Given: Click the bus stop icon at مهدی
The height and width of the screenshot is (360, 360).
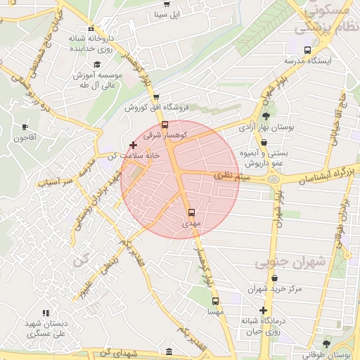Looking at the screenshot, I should pos(191,212).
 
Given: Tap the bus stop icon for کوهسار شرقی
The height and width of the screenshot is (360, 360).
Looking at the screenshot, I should pos(165,124).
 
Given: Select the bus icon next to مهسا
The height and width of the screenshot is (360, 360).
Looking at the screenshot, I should pos(215,301).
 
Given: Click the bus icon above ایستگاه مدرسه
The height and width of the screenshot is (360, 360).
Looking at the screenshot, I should pos(307,50).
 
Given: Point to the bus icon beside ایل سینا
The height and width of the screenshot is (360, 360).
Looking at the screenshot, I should pos(165,3).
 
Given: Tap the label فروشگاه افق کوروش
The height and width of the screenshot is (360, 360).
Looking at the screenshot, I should pos(155,108).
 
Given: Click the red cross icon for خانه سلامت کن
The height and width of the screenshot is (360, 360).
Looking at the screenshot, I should pos(133,145).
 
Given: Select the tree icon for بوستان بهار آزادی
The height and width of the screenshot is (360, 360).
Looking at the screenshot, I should pos(266,117).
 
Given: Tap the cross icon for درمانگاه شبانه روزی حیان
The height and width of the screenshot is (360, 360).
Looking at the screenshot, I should pos(263,310).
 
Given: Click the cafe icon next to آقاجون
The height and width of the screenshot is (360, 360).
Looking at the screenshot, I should pos(25,127).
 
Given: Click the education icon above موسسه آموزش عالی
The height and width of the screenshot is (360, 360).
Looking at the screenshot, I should pos(78,63).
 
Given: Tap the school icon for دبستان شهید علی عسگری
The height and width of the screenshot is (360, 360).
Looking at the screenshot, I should pos(46,313).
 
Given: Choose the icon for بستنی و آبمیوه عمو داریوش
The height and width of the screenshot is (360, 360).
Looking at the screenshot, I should pos(264,141).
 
